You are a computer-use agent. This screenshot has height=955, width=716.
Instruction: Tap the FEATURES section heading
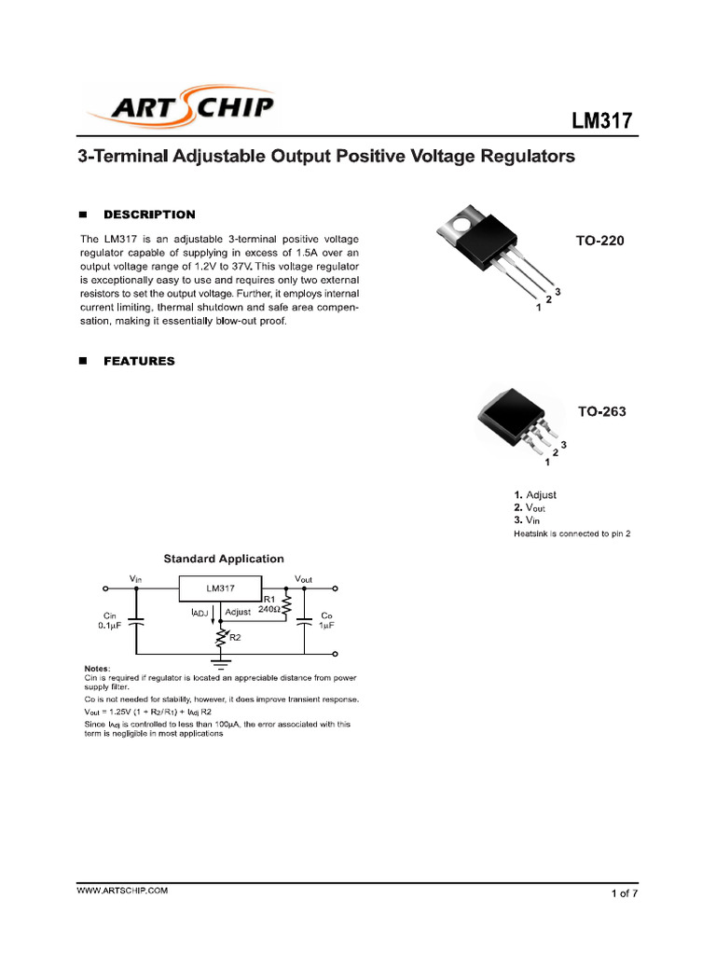139,361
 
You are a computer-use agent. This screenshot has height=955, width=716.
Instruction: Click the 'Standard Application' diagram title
224,559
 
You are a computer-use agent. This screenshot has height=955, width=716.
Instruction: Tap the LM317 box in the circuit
221,588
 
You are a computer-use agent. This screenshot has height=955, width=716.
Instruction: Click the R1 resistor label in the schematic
268,599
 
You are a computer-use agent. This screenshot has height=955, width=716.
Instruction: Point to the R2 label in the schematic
235,638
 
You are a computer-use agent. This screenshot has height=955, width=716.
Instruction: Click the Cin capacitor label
110,616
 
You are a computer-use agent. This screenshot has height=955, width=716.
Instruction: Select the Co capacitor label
326,616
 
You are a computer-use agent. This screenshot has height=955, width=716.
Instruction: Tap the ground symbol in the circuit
221,664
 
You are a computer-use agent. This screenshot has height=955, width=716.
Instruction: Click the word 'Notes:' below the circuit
97,669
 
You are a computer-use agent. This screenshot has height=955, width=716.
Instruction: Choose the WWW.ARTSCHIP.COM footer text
122,892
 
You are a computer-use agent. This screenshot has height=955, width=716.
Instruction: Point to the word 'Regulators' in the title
527,157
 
